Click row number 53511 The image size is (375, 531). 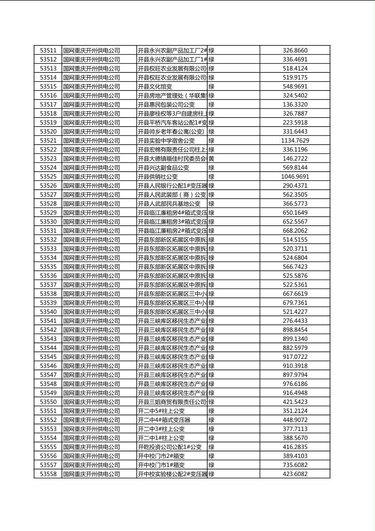48,50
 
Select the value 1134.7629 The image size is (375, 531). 295,141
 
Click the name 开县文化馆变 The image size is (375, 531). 155,87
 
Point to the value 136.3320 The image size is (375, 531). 295,104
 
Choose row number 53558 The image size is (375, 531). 48,474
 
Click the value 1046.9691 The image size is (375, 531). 295,177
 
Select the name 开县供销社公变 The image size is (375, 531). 158,177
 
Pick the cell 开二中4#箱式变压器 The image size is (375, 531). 164,420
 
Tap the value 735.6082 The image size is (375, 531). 295,465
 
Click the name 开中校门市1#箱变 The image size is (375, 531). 161,465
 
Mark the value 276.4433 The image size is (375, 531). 295,321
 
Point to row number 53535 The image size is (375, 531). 48,267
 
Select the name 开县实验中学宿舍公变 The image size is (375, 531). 166,141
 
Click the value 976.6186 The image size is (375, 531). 295,384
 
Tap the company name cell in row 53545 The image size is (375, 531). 92,357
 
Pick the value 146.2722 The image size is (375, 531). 295,159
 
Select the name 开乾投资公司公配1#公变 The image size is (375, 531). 170,447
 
